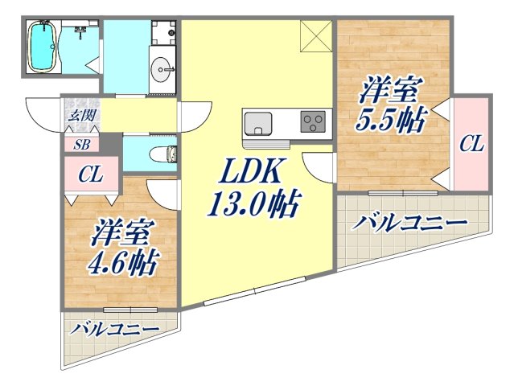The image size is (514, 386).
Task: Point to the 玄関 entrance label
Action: pyautogui.click(x=80, y=115)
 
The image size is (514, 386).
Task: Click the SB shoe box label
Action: pyautogui.click(x=81, y=146)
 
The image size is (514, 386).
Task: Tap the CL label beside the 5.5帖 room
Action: pyautogui.click(x=471, y=144)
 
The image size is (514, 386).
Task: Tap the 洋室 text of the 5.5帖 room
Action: pyautogui.click(x=388, y=88)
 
